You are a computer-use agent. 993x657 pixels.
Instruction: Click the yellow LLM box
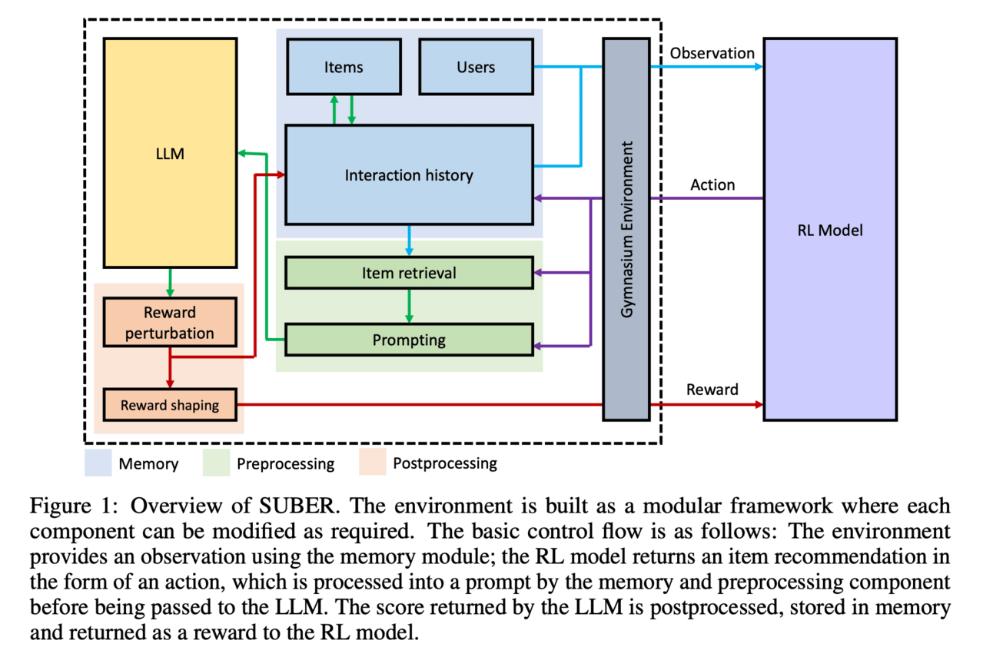tap(170, 153)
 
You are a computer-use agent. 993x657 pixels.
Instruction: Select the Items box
tap(344, 67)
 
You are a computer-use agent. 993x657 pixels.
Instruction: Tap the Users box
tap(476, 67)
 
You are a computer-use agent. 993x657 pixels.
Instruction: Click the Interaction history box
tap(409, 175)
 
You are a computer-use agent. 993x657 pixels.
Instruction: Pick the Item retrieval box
tap(409, 273)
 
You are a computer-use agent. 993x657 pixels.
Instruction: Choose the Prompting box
tap(409, 340)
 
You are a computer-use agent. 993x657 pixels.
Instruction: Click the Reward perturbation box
tap(170, 323)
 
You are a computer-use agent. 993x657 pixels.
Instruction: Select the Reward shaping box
tap(170, 405)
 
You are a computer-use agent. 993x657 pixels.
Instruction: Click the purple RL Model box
tap(829, 229)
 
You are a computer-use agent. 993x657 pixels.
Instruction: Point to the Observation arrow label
tap(712, 53)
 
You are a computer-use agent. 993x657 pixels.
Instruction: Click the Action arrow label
tap(712, 185)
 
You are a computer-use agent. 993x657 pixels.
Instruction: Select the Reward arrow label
tap(712, 390)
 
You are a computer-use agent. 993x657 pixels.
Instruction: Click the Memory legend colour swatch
tap(97, 463)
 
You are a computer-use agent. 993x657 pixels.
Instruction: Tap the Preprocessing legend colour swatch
tap(216, 463)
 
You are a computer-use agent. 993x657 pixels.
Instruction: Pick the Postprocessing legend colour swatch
tap(372, 463)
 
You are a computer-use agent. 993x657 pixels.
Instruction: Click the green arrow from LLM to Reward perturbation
tap(170, 282)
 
